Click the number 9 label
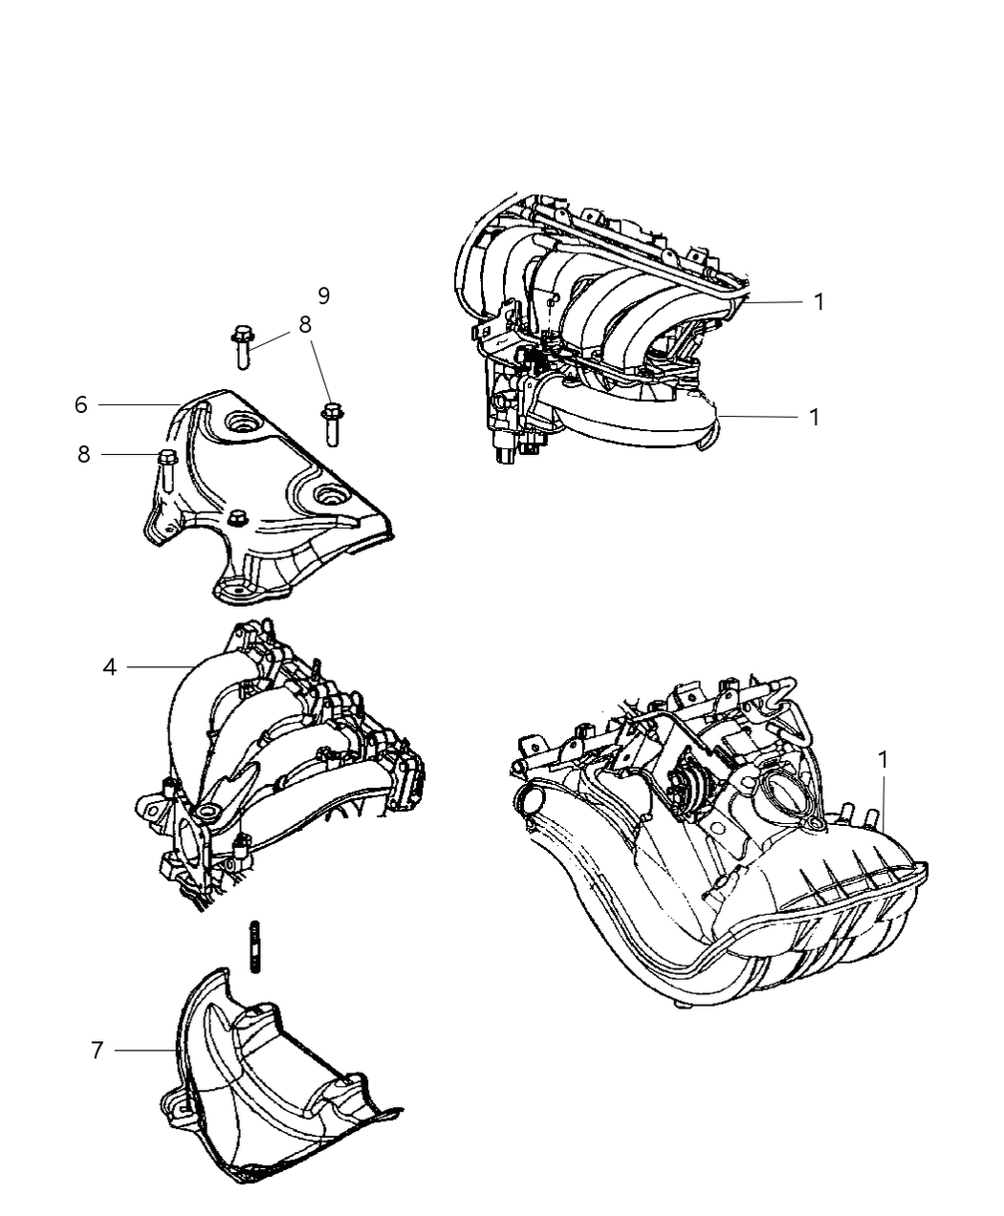pos(324,295)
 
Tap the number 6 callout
pos(81,404)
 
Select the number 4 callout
pos(110,666)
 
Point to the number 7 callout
pos(97,1050)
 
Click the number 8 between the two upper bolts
pos(305,325)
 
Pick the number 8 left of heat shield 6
pos(84,455)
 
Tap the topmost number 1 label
pos(818,301)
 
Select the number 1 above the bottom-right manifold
pos(884,760)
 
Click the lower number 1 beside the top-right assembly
pos(814,417)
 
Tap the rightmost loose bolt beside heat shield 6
pos(331,423)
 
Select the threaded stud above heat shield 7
pos(255,945)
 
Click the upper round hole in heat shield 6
pos(236,421)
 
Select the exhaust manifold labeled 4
pos(277,755)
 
